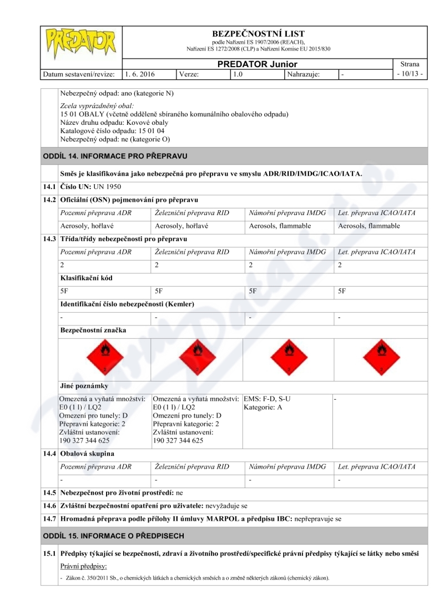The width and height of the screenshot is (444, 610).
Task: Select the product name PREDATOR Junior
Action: coord(258,64)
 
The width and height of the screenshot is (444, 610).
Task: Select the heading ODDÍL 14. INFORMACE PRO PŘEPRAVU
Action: coord(115,155)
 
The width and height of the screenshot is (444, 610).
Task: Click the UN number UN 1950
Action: coord(108,186)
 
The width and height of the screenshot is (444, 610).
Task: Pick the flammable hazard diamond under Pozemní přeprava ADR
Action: coord(105,355)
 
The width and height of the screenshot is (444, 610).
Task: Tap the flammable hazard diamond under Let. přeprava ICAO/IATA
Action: coord(380,355)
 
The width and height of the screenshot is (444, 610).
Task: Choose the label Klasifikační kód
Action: coord(86,278)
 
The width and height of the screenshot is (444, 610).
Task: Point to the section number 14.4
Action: coord(50,454)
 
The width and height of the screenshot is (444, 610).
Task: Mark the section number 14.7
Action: coord(50,519)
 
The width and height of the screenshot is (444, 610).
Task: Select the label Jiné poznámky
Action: coord(84,385)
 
